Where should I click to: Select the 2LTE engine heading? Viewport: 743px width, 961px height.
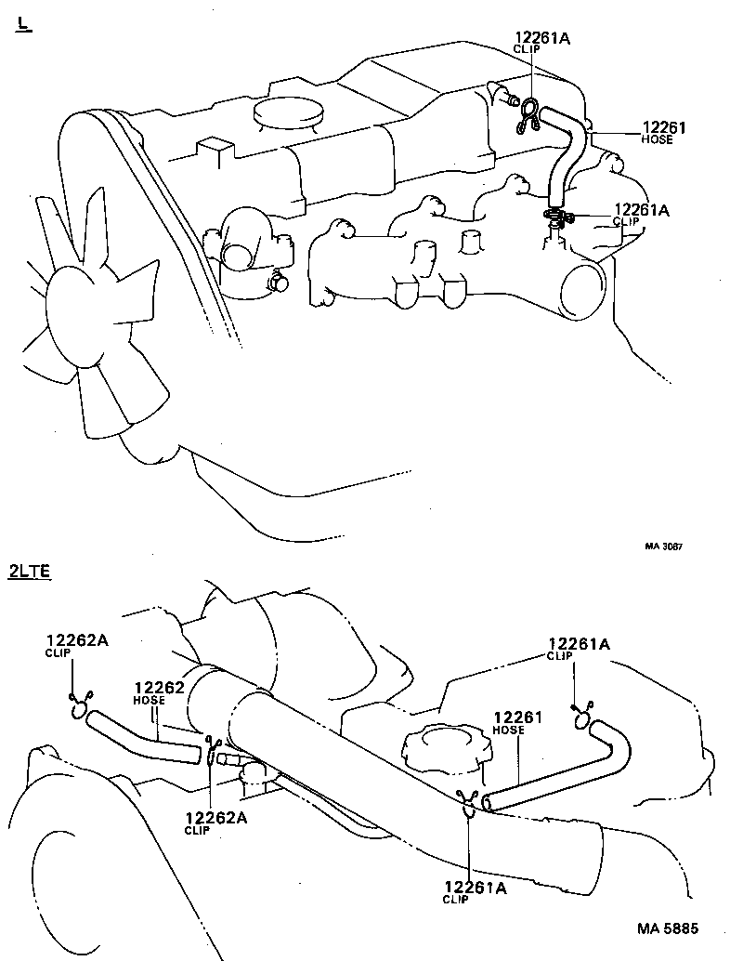tap(29, 572)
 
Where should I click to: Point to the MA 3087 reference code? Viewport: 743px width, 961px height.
tap(663, 546)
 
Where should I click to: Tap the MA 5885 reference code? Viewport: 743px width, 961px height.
tap(667, 928)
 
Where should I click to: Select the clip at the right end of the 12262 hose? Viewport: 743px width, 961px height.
tap(212, 747)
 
